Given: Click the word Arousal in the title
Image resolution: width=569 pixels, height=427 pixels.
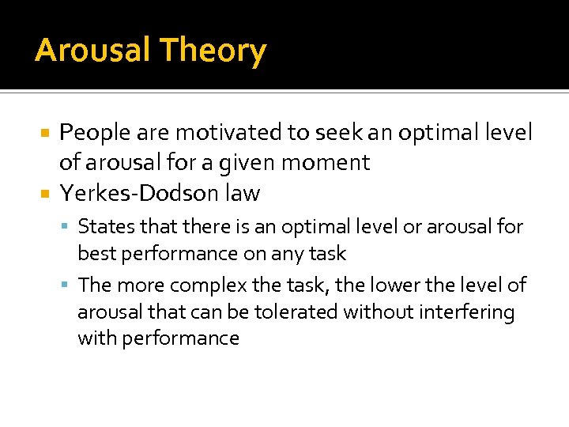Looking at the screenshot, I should coord(92,51).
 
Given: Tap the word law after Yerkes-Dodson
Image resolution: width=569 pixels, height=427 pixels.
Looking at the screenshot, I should coord(242,193).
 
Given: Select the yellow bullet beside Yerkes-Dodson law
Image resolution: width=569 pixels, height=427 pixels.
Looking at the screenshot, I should coord(47,193).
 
